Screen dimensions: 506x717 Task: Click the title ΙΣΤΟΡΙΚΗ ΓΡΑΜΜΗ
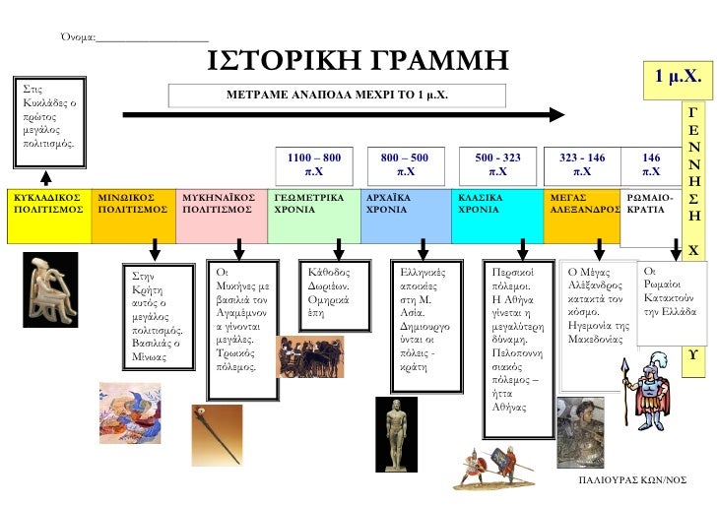pos(358,61)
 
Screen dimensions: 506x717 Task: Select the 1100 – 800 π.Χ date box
pos(313,163)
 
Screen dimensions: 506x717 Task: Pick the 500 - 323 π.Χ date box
pos(497,163)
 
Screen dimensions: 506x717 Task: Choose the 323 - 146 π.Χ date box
pos(582,163)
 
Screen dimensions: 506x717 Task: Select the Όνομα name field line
pos(153,38)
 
